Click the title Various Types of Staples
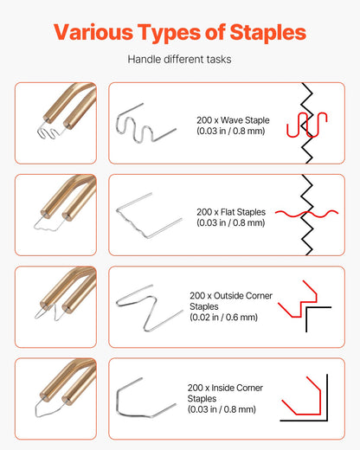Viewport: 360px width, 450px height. click(180, 32)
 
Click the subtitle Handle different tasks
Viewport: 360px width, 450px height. click(180, 60)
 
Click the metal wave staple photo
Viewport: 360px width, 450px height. click(145, 123)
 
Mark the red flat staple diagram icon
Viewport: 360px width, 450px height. click(305, 213)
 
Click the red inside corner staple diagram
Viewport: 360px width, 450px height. click(303, 400)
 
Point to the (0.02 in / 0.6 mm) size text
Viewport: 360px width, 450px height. click(223, 318)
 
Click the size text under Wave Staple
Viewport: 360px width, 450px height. click(230, 132)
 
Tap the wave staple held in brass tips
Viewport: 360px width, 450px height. click(48, 132)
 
